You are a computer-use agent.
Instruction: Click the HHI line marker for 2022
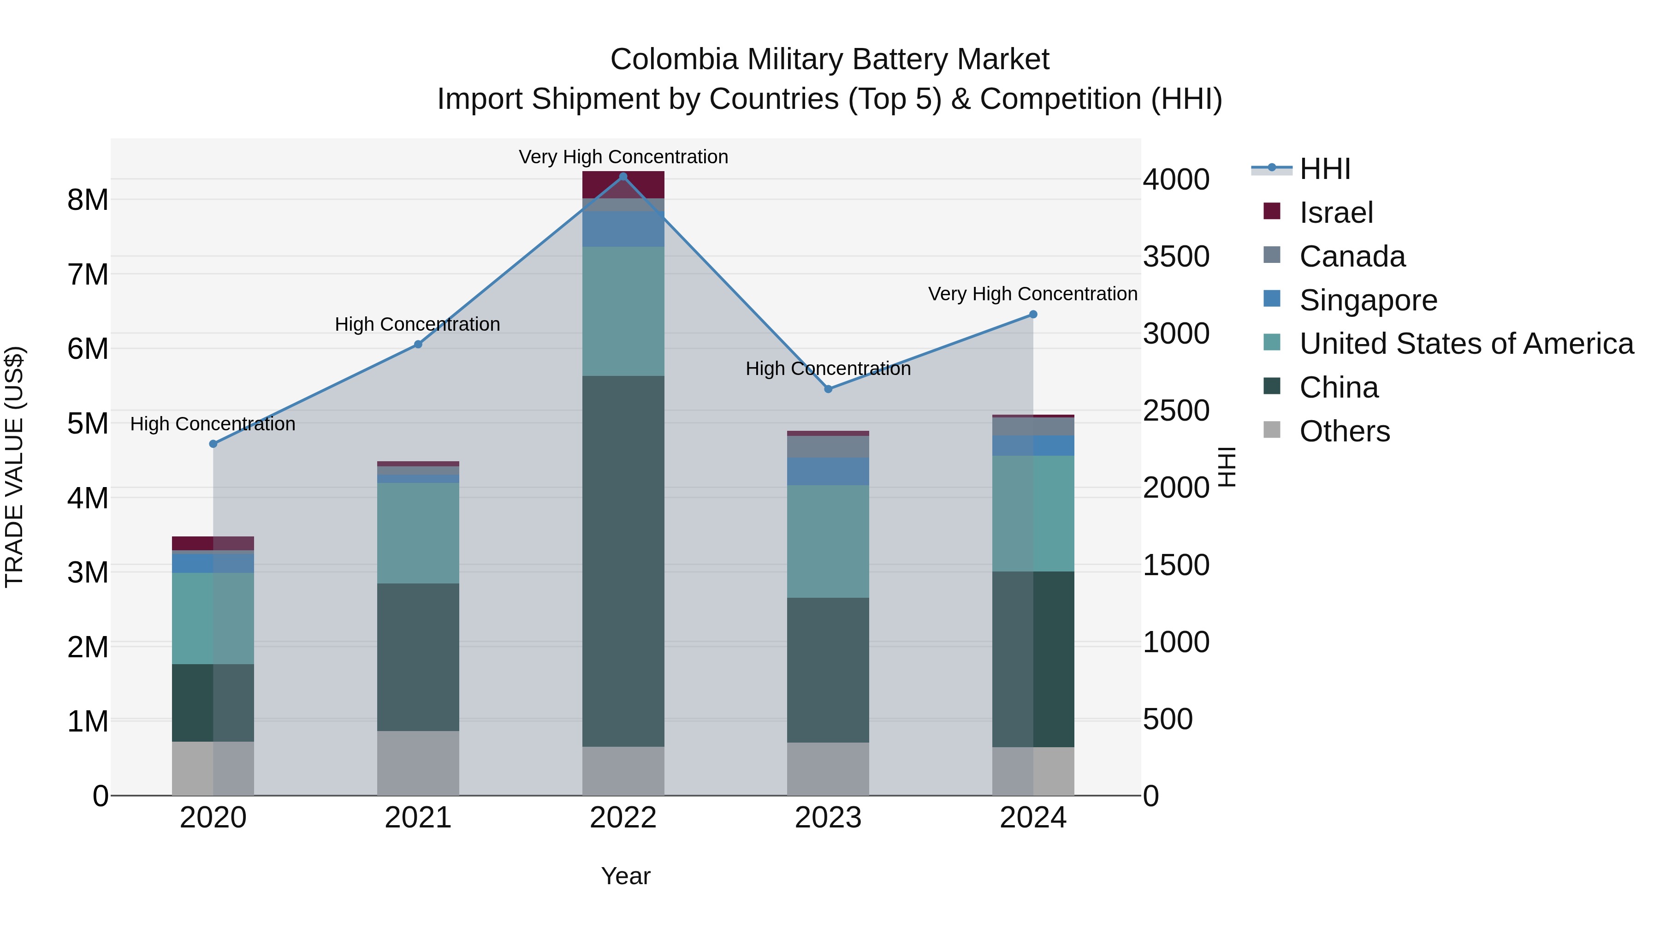[622, 177]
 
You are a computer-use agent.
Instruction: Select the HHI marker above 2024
[1033, 315]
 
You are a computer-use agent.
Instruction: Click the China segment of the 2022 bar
[622, 561]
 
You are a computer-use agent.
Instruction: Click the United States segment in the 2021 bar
[418, 533]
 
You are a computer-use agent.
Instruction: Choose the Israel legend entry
[1335, 213]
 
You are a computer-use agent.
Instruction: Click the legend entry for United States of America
[1466, 344]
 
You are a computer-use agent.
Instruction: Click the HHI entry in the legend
[1324, 169]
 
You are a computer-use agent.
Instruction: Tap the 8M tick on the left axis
[88, 200]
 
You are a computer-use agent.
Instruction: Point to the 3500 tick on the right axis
[1176, 256]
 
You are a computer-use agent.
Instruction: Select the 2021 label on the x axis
[418, 818]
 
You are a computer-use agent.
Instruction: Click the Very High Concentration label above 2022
[622, 157]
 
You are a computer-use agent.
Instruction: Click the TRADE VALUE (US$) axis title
[14, 467]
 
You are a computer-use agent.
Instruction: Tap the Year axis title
[625, 876]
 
